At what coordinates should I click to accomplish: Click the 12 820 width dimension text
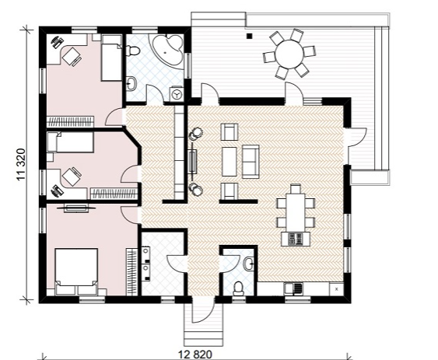point(195,355)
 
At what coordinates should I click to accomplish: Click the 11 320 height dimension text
point(22,165)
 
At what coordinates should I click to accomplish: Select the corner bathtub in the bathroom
point(166,51)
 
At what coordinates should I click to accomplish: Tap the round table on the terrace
point(289,54)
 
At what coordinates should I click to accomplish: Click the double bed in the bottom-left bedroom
point(76,271)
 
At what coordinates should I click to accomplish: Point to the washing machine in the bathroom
point(177,93)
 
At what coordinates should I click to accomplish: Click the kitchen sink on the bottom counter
point(293,288)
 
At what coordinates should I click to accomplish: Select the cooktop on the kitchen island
point(296,239)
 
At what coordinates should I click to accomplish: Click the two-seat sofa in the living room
point(251,161)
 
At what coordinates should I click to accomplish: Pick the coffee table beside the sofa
point(230,162)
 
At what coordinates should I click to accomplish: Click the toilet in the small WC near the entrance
point(238,288)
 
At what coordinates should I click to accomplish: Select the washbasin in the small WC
point(248,264)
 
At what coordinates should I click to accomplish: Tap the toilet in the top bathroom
point(133,51)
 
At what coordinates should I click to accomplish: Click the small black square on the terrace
point(250,36)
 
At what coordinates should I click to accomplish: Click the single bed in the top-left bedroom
point(112,58)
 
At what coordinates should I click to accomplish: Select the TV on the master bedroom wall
point(76,208)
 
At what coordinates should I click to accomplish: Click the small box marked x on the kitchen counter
point(337,289)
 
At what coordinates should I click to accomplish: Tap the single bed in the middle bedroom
point(70,142)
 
